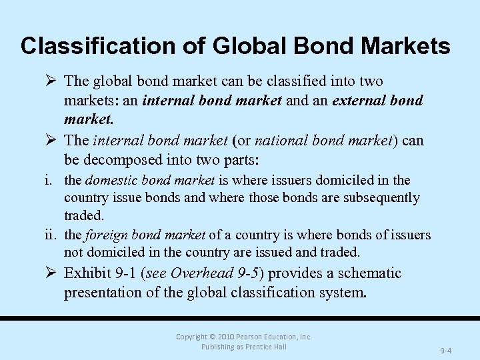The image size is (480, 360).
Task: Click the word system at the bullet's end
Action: coord(342,292)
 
